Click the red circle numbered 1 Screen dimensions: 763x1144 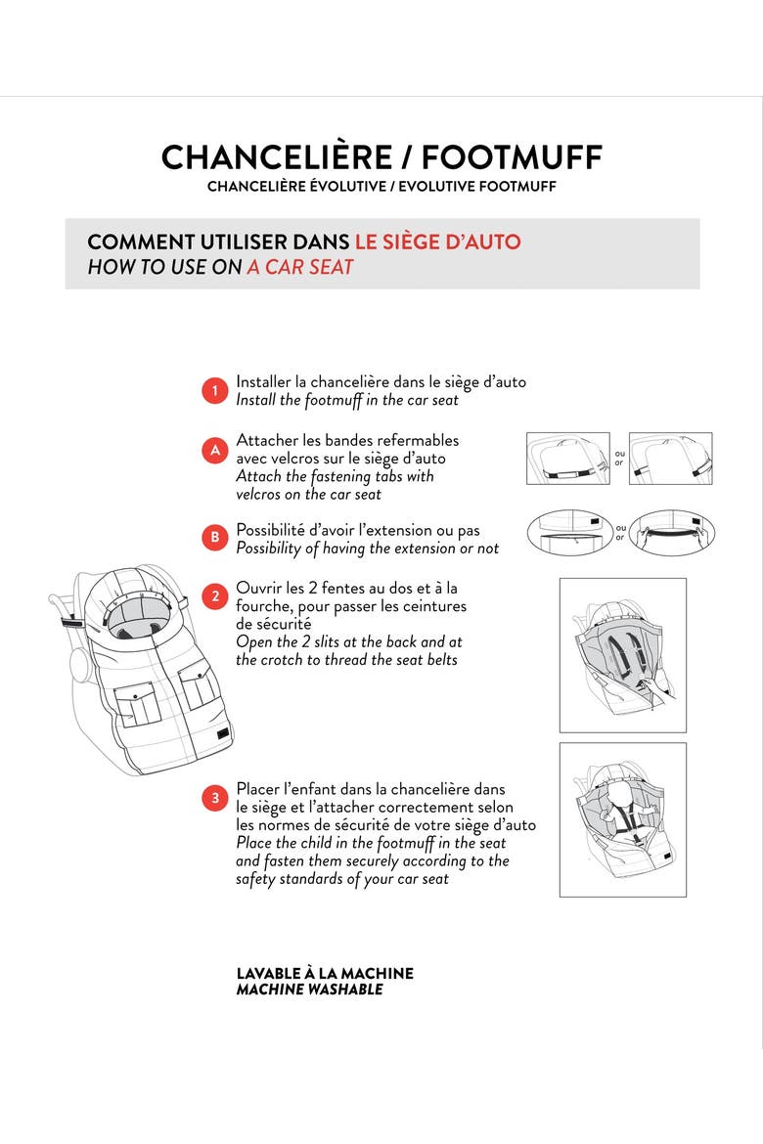coord(214,391)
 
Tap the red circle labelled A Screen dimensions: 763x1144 coord(214,450)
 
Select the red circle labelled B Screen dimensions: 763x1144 coord(214,538)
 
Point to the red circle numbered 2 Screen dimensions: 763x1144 coord(214,596)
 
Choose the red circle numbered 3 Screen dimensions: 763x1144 coord(214,798)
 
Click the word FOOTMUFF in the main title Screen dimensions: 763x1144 coord(512,157)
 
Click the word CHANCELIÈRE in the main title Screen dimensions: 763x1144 coord(277,157)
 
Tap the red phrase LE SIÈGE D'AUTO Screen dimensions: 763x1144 coord(438,242)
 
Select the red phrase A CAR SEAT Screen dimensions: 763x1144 coord(300,267)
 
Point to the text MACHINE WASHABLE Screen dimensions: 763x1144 coord(309,990)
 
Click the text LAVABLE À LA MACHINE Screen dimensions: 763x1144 coord(325,973)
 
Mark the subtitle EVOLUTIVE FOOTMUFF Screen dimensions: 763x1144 coord(477,187)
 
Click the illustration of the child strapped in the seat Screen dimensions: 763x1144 coord(623,820)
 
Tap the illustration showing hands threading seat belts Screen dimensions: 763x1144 coord(623,655)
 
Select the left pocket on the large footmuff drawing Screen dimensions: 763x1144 coord(137,703)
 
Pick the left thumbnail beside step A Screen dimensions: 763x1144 coord(568,459)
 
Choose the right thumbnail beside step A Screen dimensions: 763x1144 coord(670,459)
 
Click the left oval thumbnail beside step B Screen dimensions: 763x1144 coord(569,533)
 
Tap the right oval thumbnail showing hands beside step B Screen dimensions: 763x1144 coord(672,533)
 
